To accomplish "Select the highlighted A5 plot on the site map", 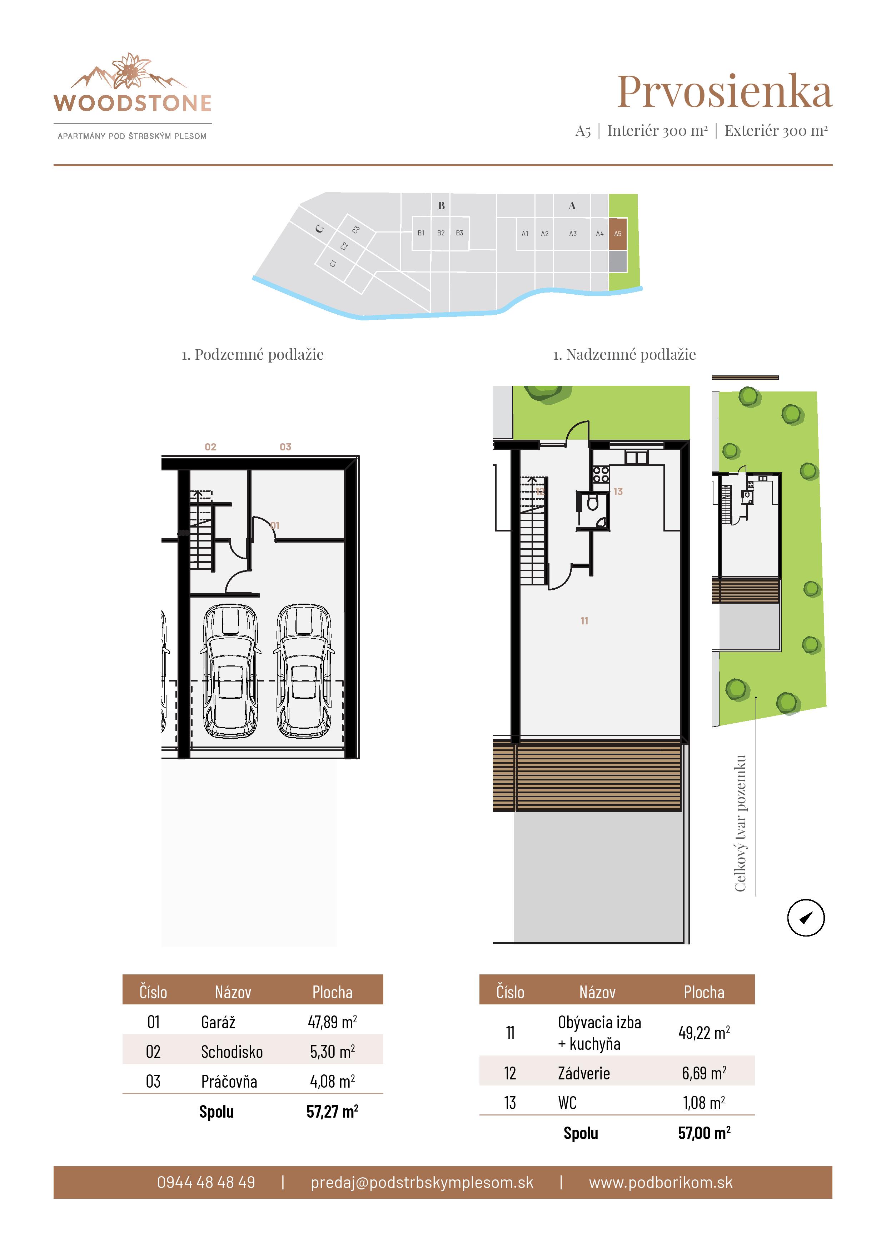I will (x=617, y=234).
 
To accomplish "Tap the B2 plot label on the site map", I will (x=440, y=233).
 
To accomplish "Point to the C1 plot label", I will (x=333, y=264).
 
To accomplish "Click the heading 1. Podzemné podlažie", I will (x=252, y=355).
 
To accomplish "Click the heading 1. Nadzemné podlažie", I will (x=624, y=355).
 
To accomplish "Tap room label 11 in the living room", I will (x=584, y=620).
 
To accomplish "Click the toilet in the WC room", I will (x=593, y=503).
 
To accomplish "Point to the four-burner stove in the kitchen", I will (x=601, y=474).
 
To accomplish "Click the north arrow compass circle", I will (x=805, y=917).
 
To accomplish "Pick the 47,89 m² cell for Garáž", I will (x=332, y=1022).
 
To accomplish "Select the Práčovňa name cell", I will (x=229, y=1081).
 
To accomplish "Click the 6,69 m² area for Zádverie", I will (x=704, y=1073).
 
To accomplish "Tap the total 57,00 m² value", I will (x=704, y=1133).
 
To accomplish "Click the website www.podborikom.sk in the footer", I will (x=660, y=1182).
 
